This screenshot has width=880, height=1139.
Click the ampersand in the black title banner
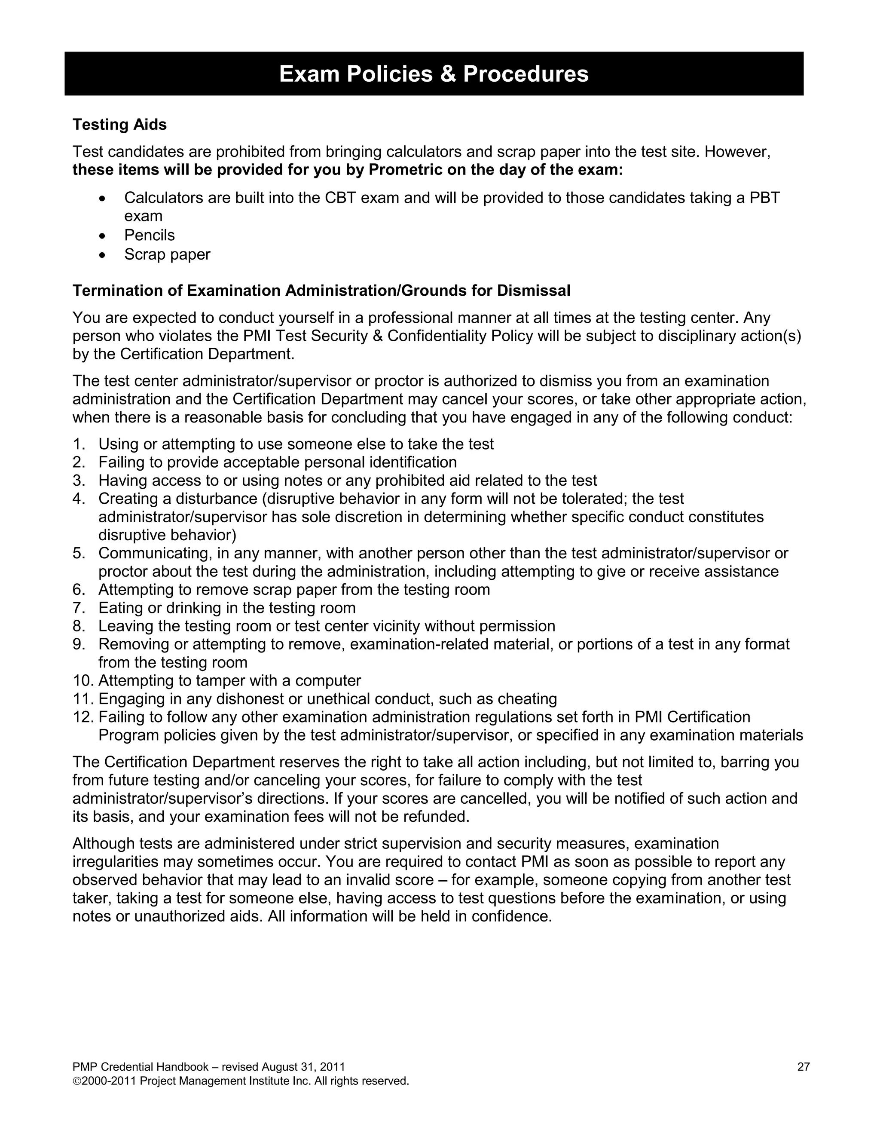pyautogui.click(x=447, y=74)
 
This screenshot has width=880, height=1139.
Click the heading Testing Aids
pyautogui.click(x=119, y=125)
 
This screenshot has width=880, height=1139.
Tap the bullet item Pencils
pyautogui.click(x=149, y=235)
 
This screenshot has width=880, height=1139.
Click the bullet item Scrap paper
pyautogui.click(x=167, y=254)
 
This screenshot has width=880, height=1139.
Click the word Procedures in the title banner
pyautogui.click(x=526, y=74)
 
